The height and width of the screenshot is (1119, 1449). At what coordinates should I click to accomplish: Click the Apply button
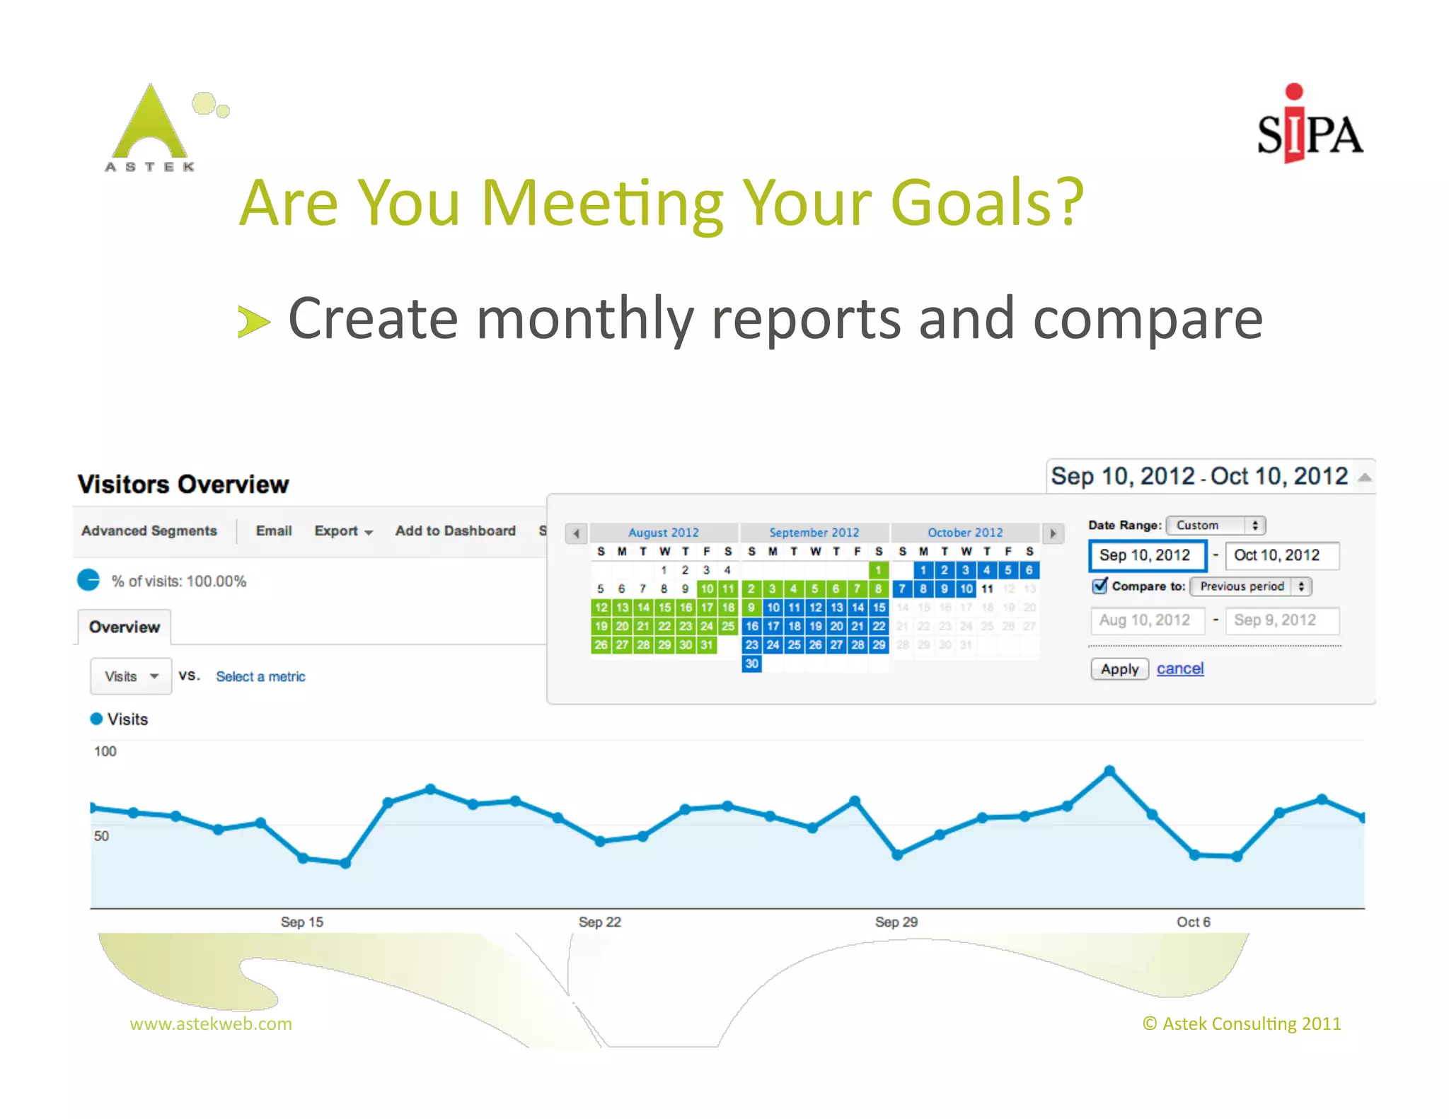[1119, 669]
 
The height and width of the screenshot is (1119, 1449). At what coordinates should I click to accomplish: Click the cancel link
[1179, 668]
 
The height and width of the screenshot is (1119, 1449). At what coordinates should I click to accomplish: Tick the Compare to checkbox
[1099, 586]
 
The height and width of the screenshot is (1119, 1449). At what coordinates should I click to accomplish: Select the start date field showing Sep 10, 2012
[1147, 555]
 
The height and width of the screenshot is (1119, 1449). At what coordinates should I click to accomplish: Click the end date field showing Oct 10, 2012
[1281, 555]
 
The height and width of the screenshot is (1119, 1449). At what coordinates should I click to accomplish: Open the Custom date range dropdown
[1216, 525]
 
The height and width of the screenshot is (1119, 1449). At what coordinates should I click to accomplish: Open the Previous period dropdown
[1250, 586]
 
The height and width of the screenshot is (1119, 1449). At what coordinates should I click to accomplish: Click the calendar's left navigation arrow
[577, 533]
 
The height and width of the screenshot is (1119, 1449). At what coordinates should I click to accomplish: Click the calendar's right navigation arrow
[1053, 533]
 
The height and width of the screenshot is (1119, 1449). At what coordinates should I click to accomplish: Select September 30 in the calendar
[751, 663]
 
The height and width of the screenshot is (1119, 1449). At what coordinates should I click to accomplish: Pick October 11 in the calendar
[987, 589]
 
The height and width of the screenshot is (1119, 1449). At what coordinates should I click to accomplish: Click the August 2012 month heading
[664, 533]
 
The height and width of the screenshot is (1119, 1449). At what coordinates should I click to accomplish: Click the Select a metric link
[260, 676]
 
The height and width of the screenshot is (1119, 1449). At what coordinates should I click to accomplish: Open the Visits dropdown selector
[131, 676]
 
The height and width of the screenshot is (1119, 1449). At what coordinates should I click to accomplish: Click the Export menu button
[343, 530]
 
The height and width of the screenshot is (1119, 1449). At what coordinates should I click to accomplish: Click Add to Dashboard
[455, 530]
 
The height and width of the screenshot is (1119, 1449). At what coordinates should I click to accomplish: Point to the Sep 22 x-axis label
[599, 922]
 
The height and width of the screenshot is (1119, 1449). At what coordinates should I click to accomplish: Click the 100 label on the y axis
[105, 751]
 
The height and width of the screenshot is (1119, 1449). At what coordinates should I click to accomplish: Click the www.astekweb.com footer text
[211, 1024]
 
